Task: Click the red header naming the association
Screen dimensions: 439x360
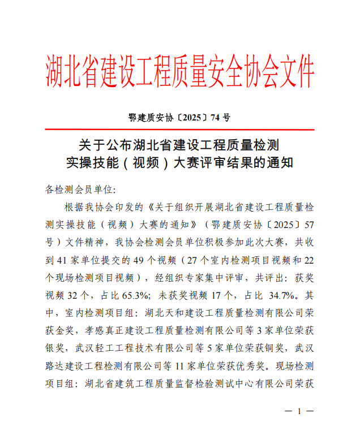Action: [x=179, y=73]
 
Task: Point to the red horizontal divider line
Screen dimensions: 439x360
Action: [x=179, y=130]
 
